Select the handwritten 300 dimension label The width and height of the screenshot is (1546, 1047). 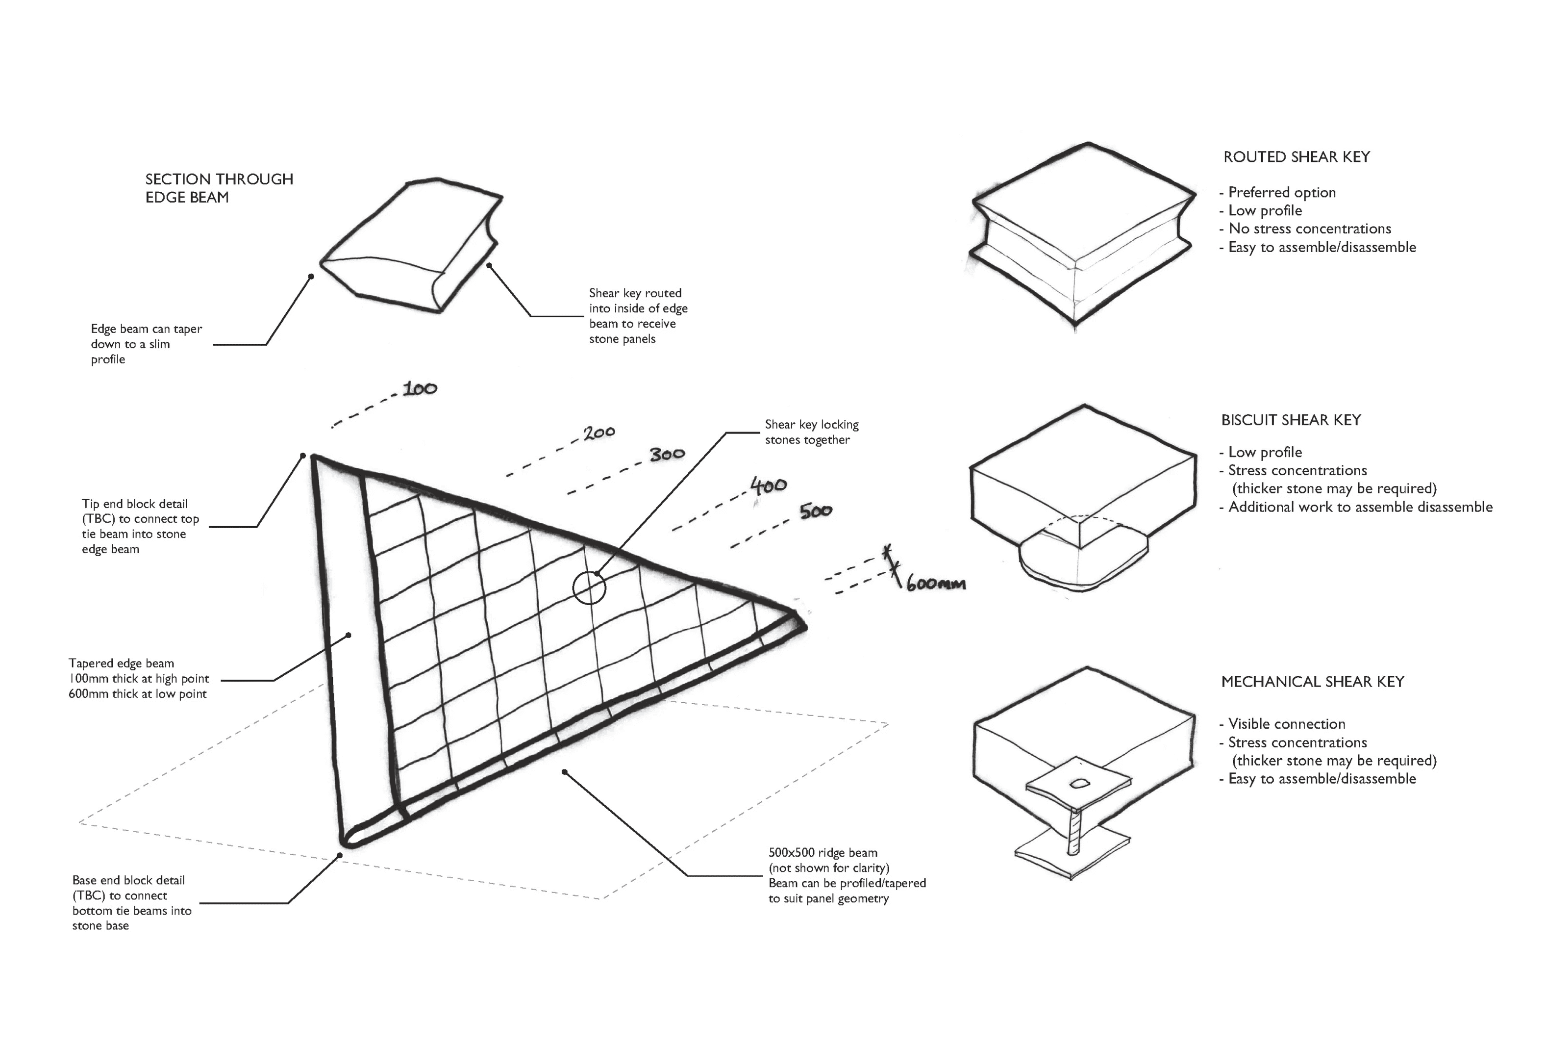[667, 455]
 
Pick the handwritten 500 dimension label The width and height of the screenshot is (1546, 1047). [816, 511]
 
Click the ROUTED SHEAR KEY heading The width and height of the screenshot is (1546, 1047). [1296, 157]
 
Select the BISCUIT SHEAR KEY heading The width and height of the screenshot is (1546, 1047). [1291, 420]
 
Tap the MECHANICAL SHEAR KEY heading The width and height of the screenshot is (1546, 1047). [1312, 682]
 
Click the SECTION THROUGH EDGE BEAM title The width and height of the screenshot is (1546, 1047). [219, 188]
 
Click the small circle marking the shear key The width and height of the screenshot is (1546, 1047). [589, 587]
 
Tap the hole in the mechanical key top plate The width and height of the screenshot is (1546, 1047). [1078, 784]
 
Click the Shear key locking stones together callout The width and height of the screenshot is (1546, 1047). [811, 432]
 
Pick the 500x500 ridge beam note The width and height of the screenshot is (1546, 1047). [846, 875]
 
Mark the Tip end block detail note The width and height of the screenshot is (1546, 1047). [140, 527]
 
